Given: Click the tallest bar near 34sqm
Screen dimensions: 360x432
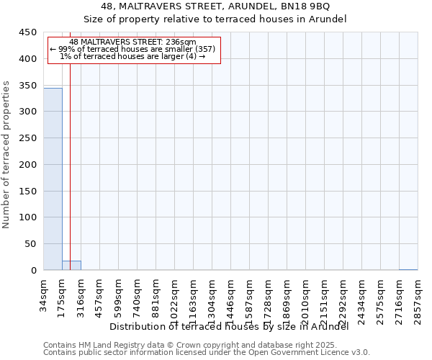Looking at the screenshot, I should (x=53, y=179).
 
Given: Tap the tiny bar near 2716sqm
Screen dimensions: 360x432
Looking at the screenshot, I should (x=408, y=269).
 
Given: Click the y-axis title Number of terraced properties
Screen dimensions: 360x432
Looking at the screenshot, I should (x=6, y=155).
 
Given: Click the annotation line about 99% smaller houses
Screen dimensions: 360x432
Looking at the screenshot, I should (x=132, y=49).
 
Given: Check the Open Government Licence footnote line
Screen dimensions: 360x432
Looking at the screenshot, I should (x=206, y=353).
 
